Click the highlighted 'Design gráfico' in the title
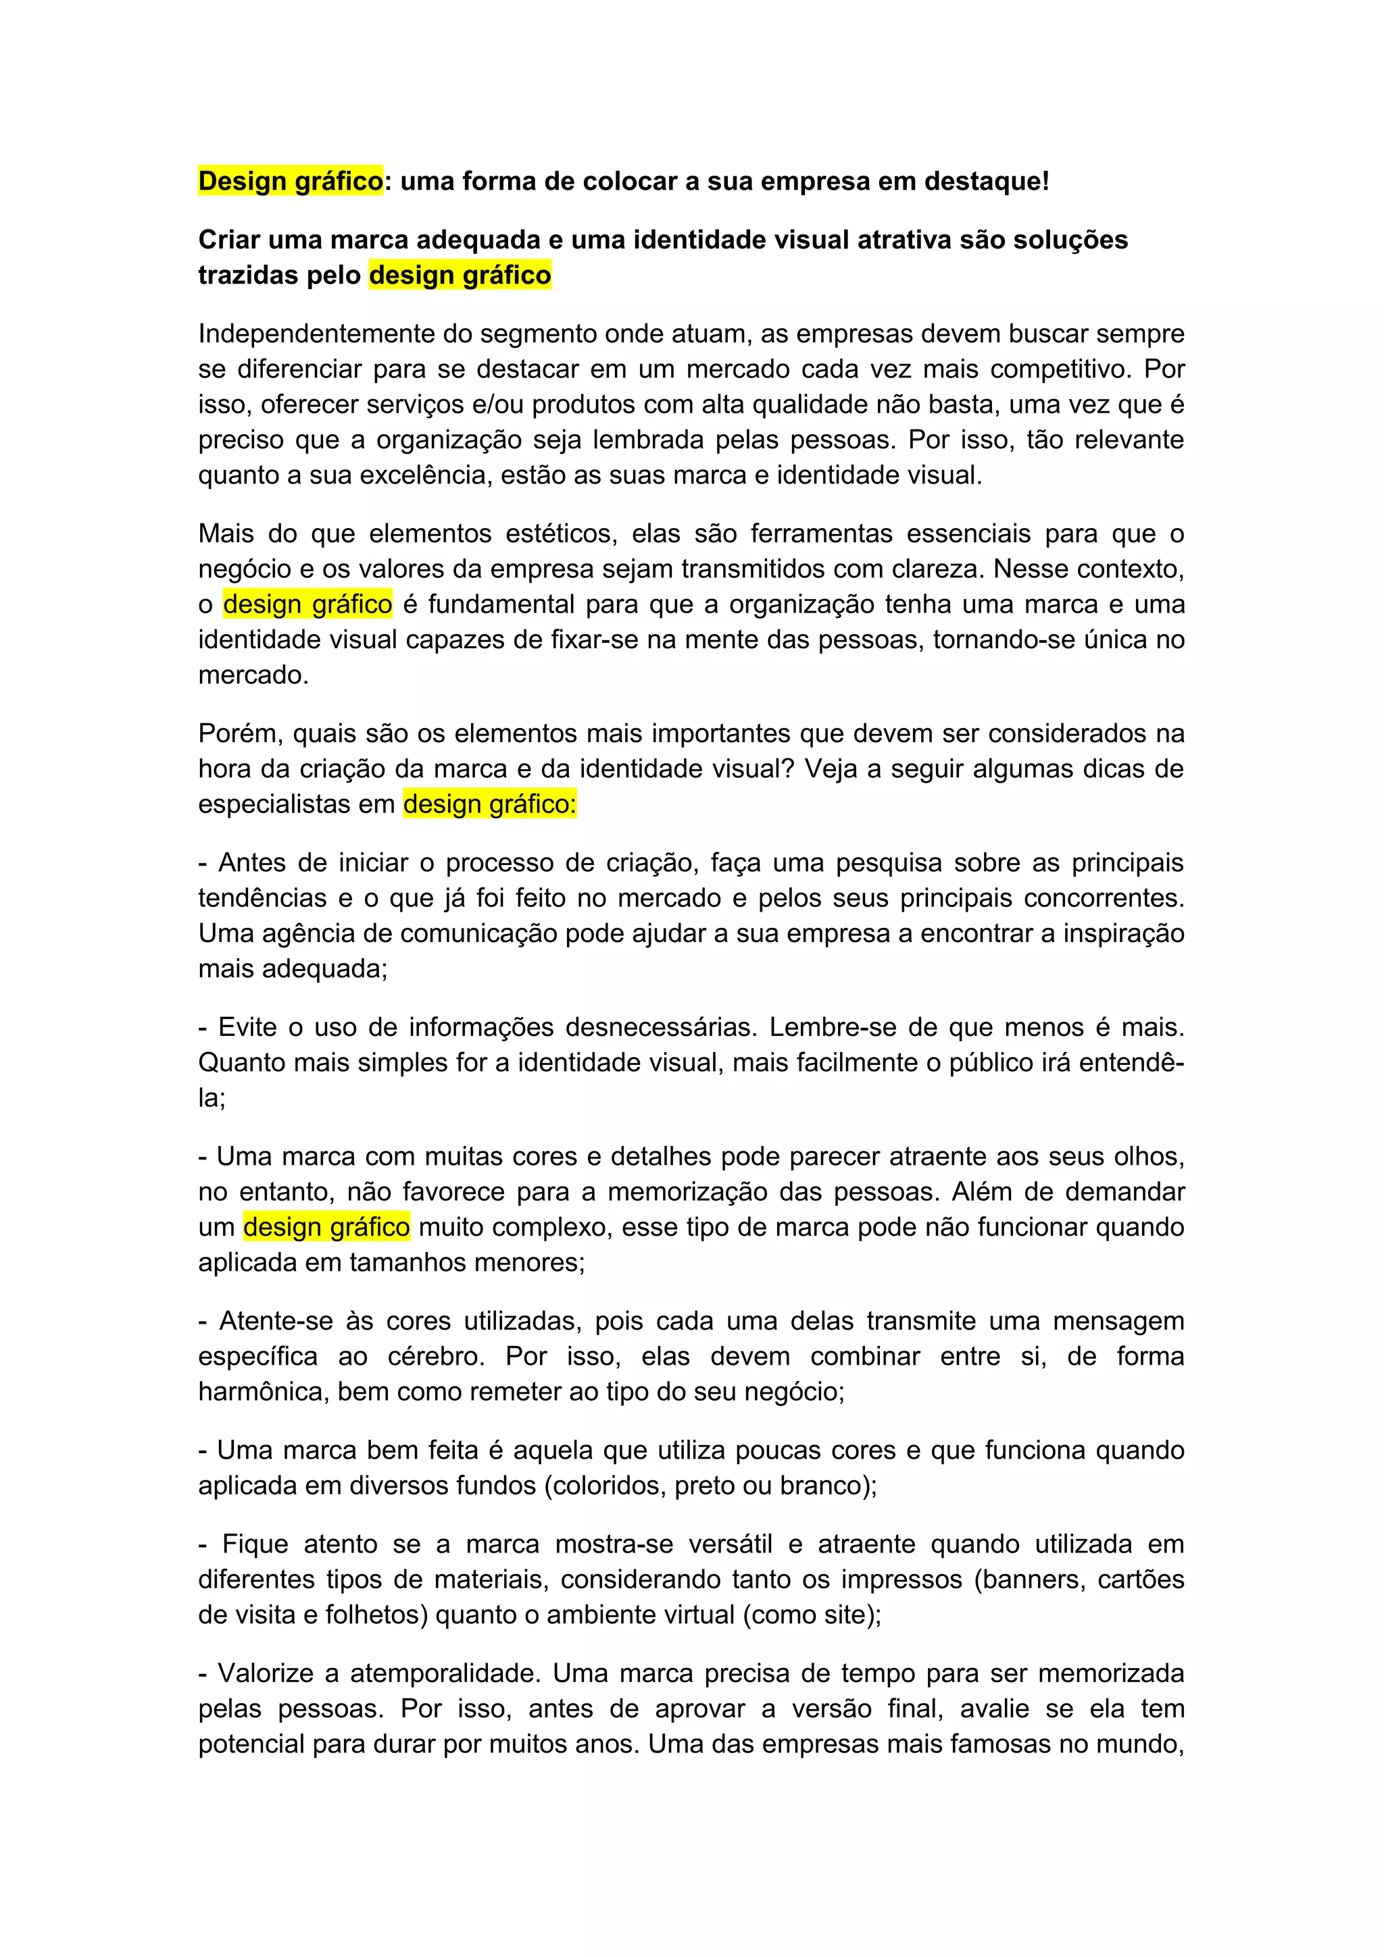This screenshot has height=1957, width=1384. click(290, 181)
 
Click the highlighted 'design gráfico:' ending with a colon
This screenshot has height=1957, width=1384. click(489, 804)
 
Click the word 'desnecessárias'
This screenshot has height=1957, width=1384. click(661, 1027)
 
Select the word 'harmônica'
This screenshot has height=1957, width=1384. click(264, 1391)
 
